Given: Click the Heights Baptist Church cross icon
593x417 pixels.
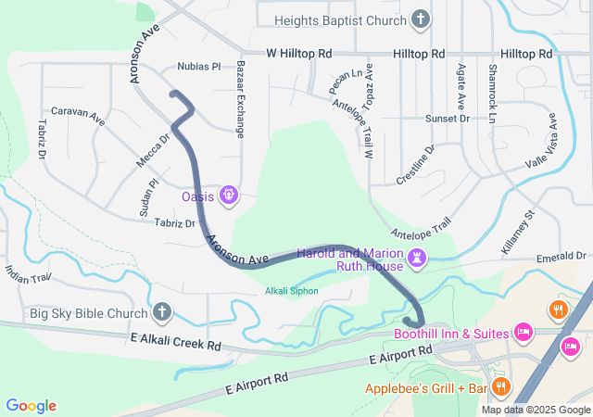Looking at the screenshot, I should coord(421,19).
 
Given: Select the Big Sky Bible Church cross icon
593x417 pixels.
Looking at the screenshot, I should coord(162,313).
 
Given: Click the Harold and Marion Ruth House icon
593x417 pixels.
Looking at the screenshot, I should coord(418,257).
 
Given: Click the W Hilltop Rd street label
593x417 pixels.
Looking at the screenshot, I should coord(298,55).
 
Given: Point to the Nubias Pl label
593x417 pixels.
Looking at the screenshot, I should coord(199,67).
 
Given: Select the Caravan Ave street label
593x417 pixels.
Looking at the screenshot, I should coord(78,117).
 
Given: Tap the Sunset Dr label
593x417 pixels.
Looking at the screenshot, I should coord(448,119).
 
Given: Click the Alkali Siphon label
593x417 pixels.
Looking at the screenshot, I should coord(292,291).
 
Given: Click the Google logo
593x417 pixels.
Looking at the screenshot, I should coord(31,406).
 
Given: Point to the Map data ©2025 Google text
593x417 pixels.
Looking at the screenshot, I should coord(536,411).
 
